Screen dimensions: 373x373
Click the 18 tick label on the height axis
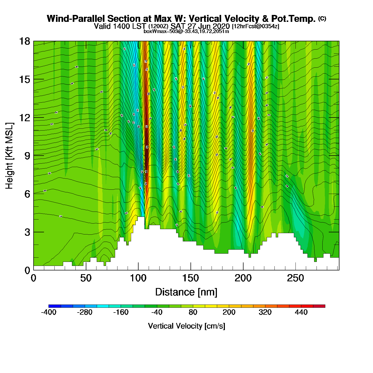(x=24, y=41)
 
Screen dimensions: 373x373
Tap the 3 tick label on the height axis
(x=27, y=232)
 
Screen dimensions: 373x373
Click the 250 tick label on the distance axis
(x=295, y=278)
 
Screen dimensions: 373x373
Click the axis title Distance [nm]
(x=186, y=292)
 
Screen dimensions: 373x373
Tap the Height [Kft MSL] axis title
(x=9, y=156)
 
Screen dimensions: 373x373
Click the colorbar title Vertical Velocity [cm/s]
(x=186, y=326)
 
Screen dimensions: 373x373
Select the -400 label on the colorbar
(x=49, y=312)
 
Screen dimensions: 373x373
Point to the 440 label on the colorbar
(x=301, y=312)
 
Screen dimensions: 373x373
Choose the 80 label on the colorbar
(x=193, y=312)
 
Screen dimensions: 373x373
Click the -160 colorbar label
(x=121, y=312)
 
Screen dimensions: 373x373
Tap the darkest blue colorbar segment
(x=55, y=306)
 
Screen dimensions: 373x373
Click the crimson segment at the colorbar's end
(x=319, y=306)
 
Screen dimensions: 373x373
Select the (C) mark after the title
(x=322, y=18)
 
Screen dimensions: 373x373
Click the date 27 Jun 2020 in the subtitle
(x=209, y=26)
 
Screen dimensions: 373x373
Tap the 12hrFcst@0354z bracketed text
(x=256, y=26)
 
